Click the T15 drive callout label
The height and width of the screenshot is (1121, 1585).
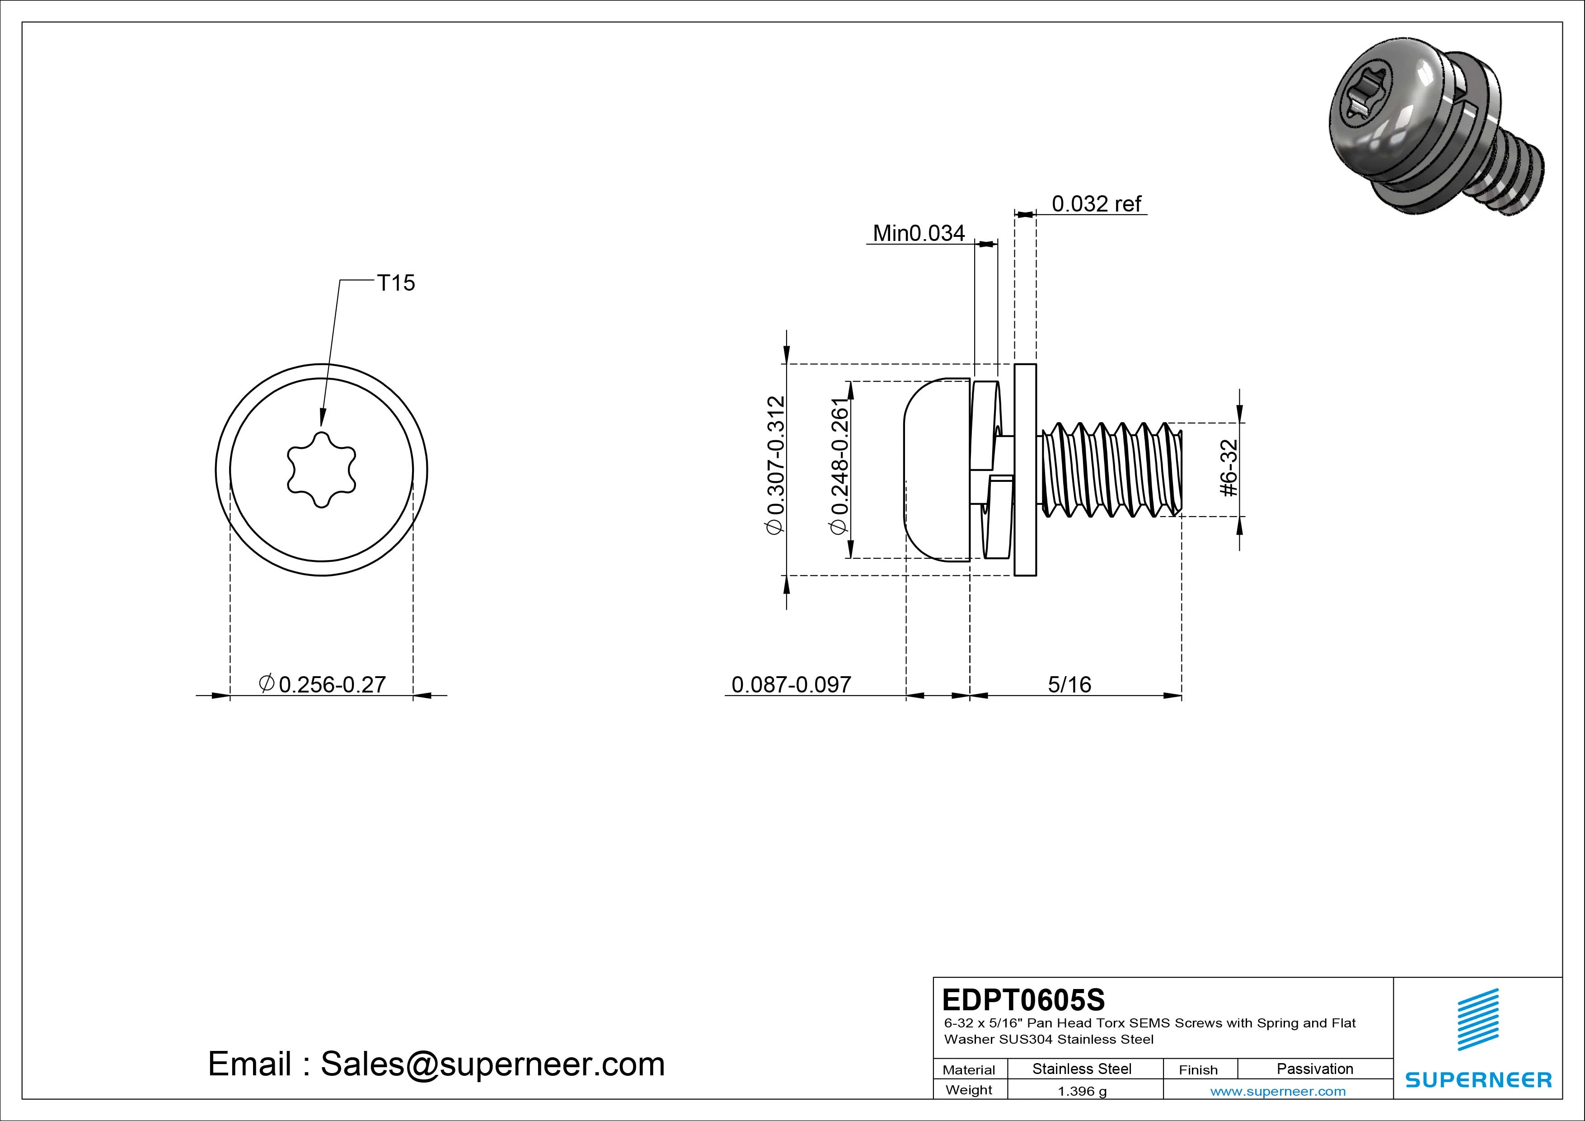pos(395,283)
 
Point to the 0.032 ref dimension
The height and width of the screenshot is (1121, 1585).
pos(1096,204)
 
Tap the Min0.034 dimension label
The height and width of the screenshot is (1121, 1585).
pos(918,233)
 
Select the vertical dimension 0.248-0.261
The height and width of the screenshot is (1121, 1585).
pos(838,466)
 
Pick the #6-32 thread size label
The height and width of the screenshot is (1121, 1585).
pos(1229,468)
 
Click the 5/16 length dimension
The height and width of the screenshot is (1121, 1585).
pos(1069,684)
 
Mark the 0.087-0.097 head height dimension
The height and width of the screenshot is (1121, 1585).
pos(791,684)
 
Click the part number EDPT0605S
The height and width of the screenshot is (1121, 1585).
pos(1023,999)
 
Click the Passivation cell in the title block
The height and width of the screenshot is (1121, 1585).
pos(1314,1069)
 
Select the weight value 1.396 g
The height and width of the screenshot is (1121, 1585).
pos(1082,1091)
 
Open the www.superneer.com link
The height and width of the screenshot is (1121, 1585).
pos(1278,1091)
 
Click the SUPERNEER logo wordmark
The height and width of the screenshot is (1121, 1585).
pos(1478,1079)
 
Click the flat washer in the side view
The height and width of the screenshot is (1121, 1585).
pos(1025,470)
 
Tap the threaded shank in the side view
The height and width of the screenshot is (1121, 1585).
pos(1111,470)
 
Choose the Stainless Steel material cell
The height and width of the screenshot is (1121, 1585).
pos(1082,1069)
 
